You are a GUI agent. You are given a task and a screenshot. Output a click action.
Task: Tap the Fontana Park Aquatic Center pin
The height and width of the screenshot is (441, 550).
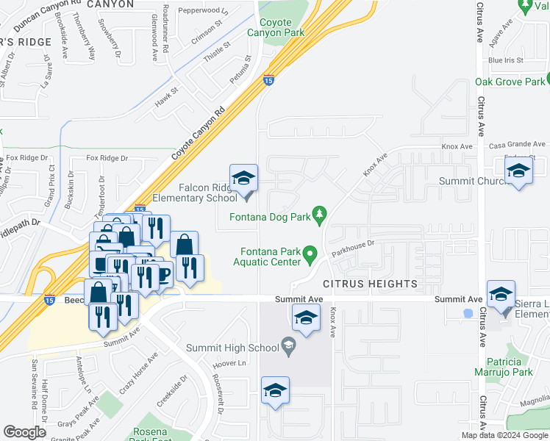(310, 255)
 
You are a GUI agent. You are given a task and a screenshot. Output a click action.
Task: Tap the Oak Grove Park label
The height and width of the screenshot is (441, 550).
(510, 82)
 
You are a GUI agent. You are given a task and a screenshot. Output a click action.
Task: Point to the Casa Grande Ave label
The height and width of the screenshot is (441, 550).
(519, 146)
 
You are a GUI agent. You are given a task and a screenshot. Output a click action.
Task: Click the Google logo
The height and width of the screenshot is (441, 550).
(24, 432)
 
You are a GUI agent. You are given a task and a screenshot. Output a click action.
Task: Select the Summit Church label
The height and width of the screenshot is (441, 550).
(471, 181)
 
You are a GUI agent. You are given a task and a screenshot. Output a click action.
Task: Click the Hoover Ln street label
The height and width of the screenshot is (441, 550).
(228, 364)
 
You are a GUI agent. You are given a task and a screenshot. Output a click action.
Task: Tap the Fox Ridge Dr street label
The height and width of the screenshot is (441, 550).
(107, 157)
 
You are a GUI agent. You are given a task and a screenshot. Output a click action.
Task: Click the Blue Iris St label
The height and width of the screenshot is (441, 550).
(505, 60)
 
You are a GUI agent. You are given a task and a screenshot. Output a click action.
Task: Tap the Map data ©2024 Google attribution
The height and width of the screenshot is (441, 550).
(504, 435)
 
